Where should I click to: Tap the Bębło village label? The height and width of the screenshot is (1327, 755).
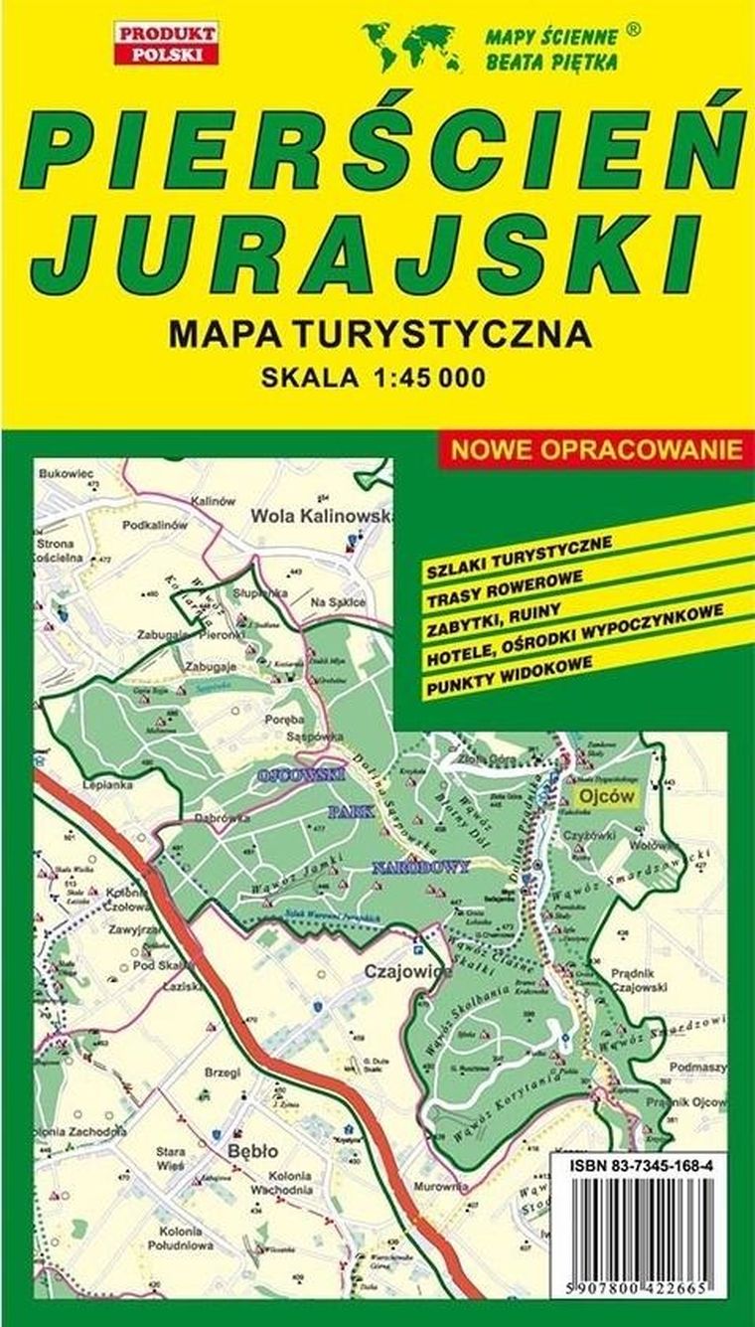point(251,1150)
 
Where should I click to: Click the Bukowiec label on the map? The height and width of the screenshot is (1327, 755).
point(66,474)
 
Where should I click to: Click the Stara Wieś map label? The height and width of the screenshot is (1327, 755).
point(171,1160)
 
